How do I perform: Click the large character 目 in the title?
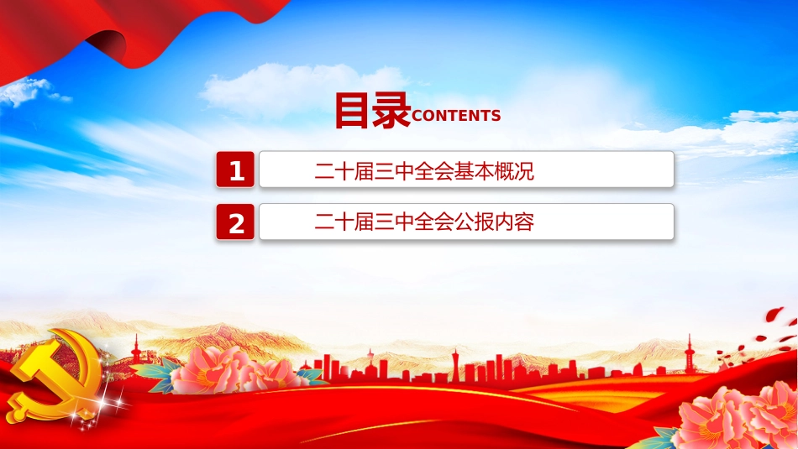click(351, 110)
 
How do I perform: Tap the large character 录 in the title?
click(391, 110)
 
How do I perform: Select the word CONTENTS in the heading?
click(456, 116)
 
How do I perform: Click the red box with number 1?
click(235, 170)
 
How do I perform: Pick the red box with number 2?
click(235, 222)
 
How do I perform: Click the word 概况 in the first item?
click(515, 171)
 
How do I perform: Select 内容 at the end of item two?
click(515, 222)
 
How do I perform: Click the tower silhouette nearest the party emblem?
click(136, 350)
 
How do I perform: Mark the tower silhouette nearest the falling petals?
click(690, 352)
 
